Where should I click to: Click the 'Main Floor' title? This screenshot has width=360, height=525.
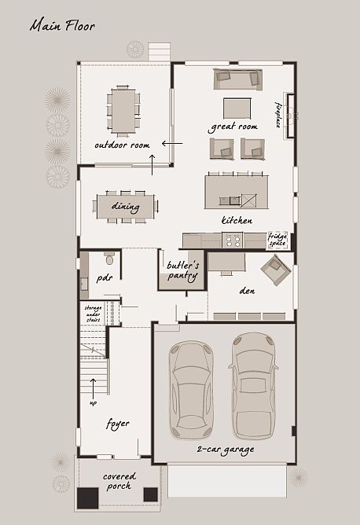[x=62, y=26]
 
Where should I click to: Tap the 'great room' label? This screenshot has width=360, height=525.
[x=233, y=127]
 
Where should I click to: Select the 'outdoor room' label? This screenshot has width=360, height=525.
[x=122, y=145]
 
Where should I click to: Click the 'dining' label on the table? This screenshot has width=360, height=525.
[x=126, y=207]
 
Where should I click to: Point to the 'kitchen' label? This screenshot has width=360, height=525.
[x=237, y=221]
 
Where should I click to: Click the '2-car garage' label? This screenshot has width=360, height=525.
[x=225, y=450]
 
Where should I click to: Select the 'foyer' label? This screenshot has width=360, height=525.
[x=117, y=424]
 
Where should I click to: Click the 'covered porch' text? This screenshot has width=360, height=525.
[x=119, y=481]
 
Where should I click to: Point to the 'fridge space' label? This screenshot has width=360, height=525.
[x=277, y=239]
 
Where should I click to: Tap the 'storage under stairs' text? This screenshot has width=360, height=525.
[x=94, y=314]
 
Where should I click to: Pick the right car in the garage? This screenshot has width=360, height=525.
[x=254, y=384]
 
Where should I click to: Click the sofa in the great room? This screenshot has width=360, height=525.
[x=237, y=78]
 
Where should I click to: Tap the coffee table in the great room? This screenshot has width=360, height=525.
[x=237, y=108]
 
